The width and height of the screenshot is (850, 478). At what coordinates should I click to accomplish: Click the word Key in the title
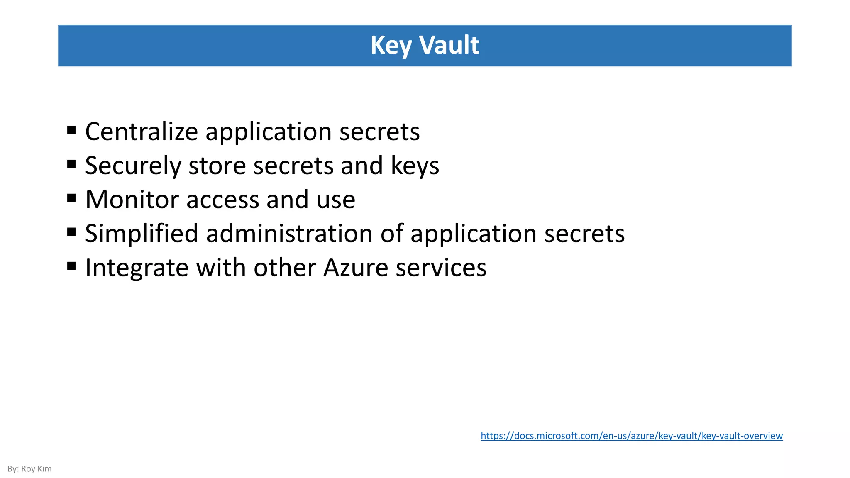click(390, 45)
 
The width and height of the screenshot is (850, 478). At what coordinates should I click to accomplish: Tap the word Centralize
click(142, 132)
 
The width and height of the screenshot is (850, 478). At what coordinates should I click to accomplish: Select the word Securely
click(133, 166)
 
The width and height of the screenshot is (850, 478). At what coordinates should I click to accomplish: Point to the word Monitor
click(132, 200)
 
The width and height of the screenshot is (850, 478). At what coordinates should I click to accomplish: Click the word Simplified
click(142, 234)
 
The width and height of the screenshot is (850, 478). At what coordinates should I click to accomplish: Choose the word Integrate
click(137, 268)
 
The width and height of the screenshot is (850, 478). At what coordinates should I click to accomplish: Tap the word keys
click(415, 166)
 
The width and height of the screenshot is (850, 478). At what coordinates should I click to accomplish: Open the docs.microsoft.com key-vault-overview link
click(631, 436)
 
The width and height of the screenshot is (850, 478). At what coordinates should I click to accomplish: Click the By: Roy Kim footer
click(29, 469)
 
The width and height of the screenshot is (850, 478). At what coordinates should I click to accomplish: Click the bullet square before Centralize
click(71, 130)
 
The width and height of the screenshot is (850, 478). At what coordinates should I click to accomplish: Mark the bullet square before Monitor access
click(71, 198)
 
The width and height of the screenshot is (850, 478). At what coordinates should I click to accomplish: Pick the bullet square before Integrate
click(71, 266)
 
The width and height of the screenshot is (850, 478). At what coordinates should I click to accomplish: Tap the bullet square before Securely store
click(71, 164)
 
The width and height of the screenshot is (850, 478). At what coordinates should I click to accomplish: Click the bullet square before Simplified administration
click(71, 232)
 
